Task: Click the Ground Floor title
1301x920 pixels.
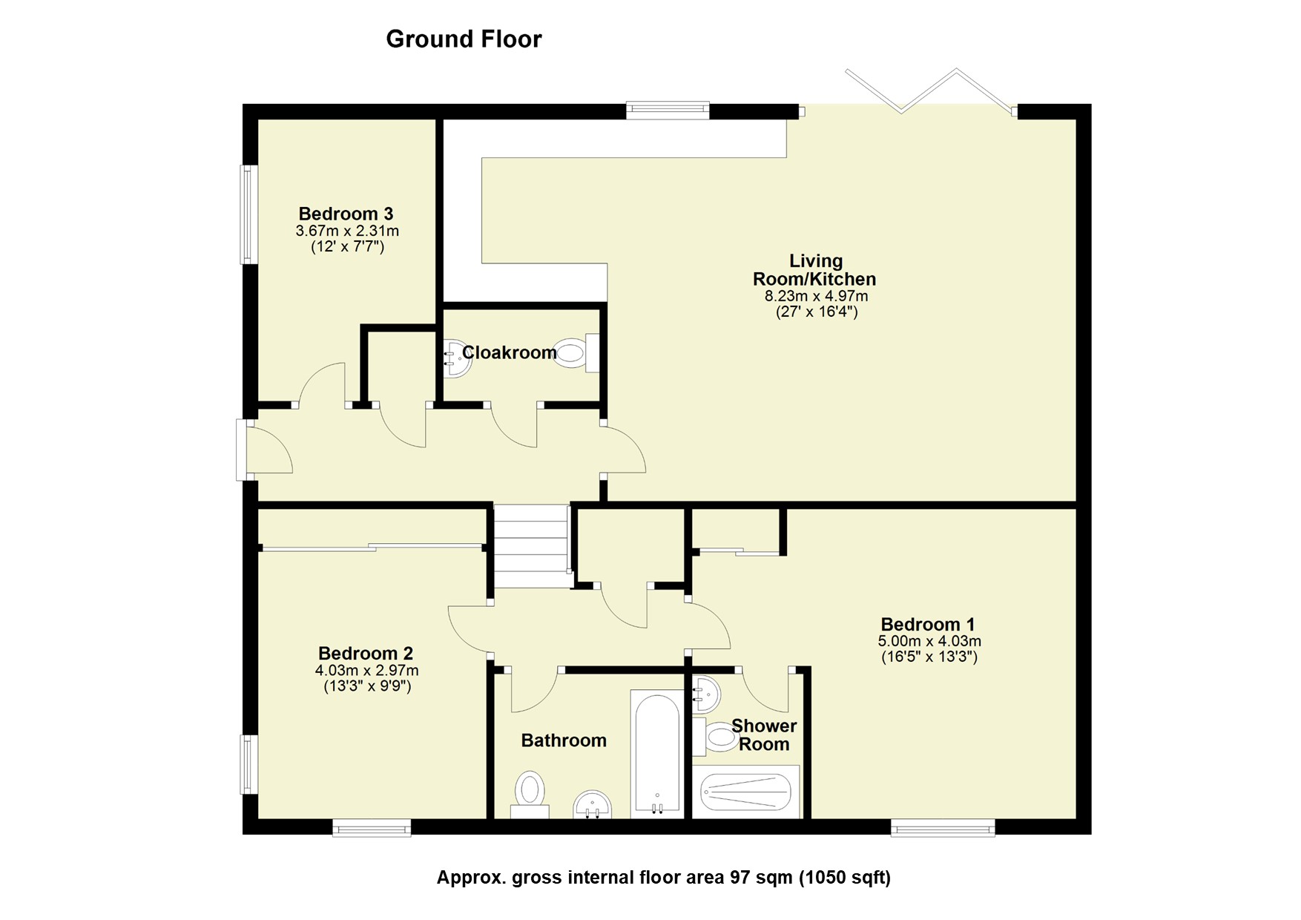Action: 464,39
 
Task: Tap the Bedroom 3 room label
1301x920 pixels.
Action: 346,214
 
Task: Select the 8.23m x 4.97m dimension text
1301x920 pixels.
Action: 816,296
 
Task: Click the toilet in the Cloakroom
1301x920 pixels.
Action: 573,353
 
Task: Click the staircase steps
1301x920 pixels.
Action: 530,546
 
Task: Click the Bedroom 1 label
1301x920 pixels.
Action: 928,624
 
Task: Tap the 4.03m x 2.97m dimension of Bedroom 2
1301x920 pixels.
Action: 366,671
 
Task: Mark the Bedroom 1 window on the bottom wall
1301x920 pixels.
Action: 942,827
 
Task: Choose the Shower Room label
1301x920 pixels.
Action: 763,735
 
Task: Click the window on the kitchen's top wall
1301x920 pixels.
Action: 667,111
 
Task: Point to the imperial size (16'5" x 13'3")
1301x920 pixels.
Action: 929,657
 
